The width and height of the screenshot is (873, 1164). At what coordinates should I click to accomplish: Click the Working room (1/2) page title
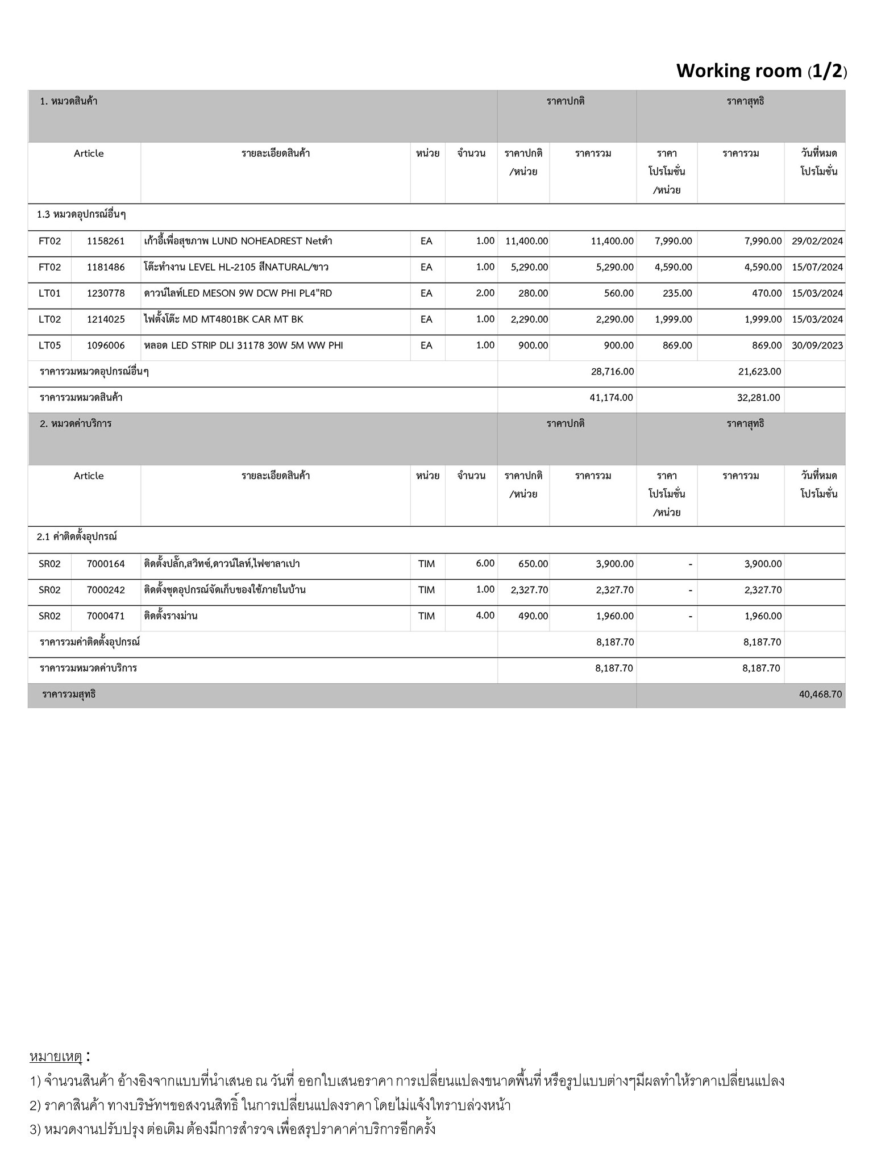click(761, 71)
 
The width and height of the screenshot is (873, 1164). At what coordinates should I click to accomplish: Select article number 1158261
click(106, 241)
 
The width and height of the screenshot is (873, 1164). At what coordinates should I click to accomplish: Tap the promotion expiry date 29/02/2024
click(817, 241)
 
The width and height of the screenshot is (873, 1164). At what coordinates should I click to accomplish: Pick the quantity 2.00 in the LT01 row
click(485, 293)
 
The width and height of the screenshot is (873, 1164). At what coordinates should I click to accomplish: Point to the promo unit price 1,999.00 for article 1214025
click(674, 319)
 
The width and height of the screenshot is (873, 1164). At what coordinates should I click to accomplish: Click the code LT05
click(49, 346)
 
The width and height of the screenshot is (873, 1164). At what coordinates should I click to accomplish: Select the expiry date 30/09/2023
click(817, 346)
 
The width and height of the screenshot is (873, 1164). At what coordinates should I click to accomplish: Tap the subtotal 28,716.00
click(612, 372)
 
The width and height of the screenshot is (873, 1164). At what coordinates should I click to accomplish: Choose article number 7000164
click(106, 564)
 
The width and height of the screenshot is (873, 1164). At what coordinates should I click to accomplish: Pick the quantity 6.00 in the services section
click(485, 563)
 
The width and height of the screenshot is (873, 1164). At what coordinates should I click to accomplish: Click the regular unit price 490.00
click(533, 616)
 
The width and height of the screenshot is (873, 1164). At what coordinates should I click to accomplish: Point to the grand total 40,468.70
click(820, 695)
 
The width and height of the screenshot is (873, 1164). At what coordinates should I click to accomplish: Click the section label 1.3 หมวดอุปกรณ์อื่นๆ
click(81, 215)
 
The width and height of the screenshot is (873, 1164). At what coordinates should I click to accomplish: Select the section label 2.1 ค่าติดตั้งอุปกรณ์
click(77, 537)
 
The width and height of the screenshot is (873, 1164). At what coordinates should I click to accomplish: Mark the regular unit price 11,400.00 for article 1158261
click(526, 241)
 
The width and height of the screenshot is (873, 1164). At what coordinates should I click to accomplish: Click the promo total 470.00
click(767, 293)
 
